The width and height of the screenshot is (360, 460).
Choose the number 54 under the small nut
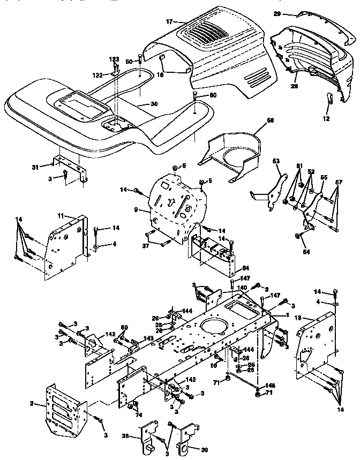305,236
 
